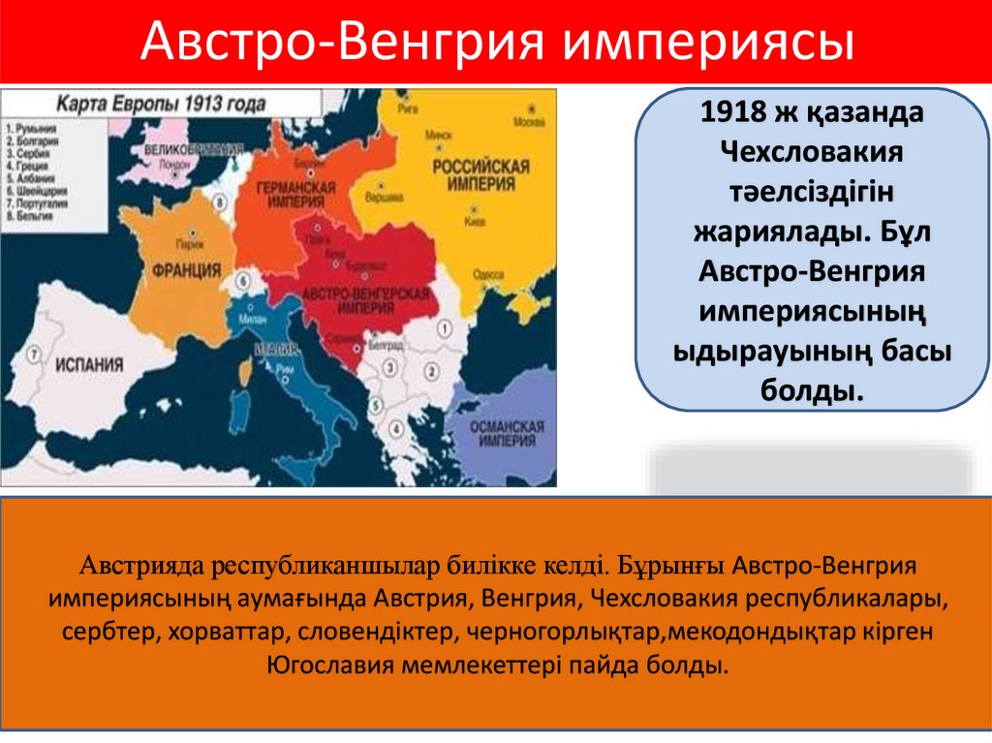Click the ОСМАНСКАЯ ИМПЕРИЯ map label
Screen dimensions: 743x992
pyautogui.click(x=511, y=432)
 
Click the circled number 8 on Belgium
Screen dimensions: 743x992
pyautogui.click(x=222, y=202)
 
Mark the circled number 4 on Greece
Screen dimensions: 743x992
pyautogui.click(x=394, y=427)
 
